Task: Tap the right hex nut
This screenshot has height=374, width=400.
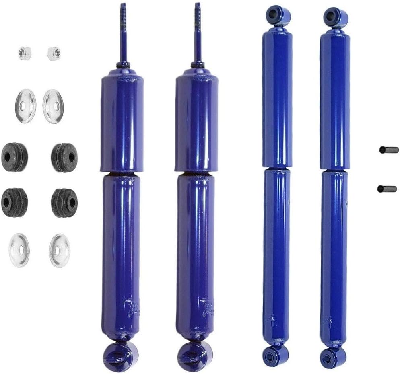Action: click(x=54, y=53)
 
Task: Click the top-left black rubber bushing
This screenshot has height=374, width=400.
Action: click(x=14, y=156)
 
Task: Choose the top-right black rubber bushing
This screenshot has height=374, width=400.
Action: click(x=64, y=157)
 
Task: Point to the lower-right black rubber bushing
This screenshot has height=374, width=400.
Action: click(x=64, y=202)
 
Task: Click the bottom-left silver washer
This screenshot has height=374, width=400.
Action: click(x=19, y=250)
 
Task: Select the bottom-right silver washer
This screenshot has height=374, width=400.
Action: click(x=60, y=251)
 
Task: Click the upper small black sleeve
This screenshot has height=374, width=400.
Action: click(x=389, y=150)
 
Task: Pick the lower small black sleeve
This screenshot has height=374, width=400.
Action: click(x=387, y=189)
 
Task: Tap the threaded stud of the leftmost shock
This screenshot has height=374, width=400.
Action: click(x=123, y=32)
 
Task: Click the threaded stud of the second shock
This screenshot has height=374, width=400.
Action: click(x=198, y=32)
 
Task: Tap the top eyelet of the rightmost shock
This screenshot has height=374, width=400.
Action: click(x=336, y=16)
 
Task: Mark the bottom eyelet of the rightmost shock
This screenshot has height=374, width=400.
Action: click(x=334, y=356)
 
